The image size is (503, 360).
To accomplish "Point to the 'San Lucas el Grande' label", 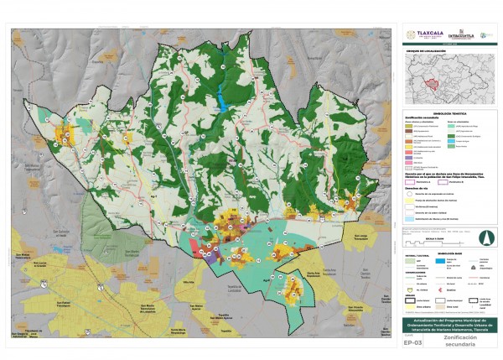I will pos(25,263).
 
